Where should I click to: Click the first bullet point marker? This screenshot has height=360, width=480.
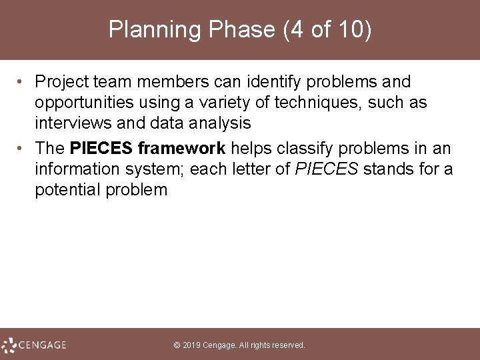[x=22, y=83]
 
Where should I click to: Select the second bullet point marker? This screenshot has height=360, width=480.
[x=22, y=148]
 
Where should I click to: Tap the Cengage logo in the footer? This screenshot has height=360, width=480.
[x=34, y=345]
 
